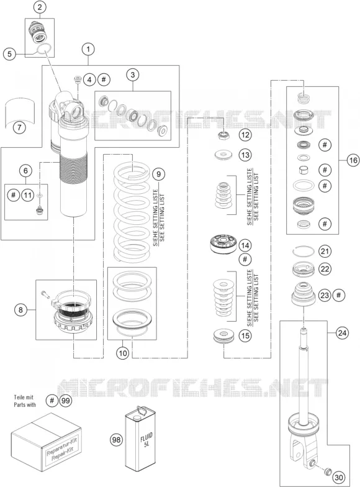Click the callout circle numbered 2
tap(40, 7)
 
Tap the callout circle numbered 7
tap(19, 127)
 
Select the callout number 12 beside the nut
tap(245, 135)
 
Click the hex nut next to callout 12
tap(224, 135)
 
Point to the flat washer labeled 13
tap(223, 155)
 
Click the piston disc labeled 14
tap(222, 245)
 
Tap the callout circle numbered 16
tap(353, 160)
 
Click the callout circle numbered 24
tap(342, 333)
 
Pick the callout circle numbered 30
tap(339, 477)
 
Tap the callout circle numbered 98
tap(117, 440)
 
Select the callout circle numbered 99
tap(65, 401)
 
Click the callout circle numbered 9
tap(159, 174)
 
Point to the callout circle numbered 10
tap(123, 353)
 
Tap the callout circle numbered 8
tap(20, 309)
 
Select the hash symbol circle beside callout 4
tap(104, 80)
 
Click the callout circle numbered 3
tap(133, 75)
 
